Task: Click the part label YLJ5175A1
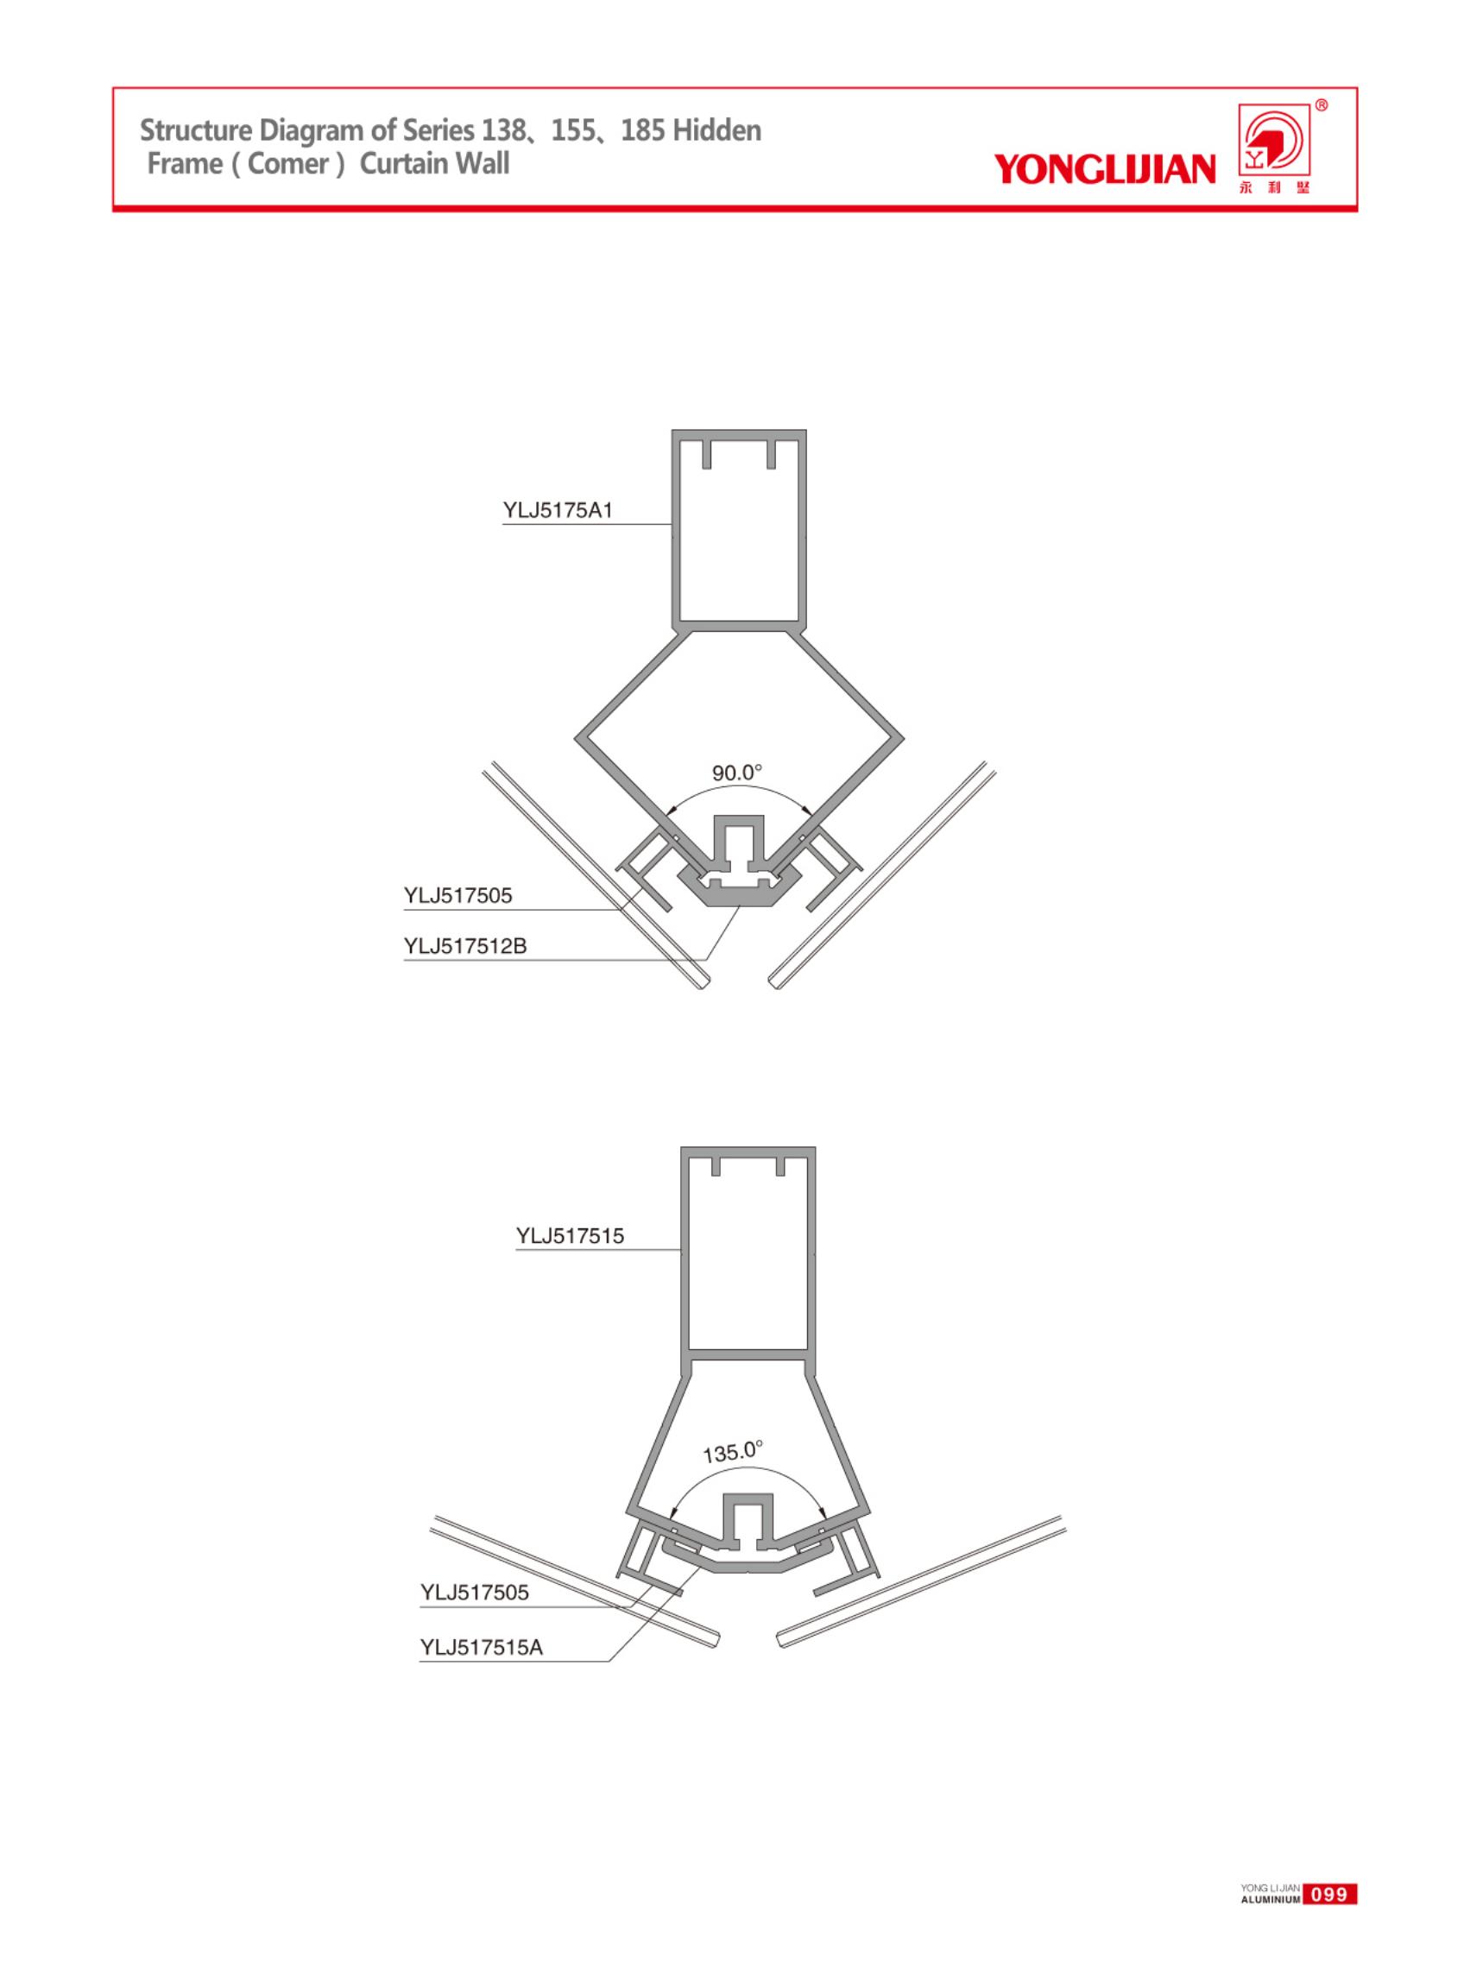pos(558,511)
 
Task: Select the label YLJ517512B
pos(464,946)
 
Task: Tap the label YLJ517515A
pos(481,1647)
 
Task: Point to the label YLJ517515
pos(570,1235)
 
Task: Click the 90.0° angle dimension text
pos(737,773)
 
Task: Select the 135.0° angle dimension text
pos(733,1453)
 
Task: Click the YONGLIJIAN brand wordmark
pos(1104,168)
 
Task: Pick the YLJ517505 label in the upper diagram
pos(457,896)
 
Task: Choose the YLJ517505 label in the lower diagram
pos(474,1592)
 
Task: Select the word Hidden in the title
pos(716,131)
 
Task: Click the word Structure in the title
pos(196,131)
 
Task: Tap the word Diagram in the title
pos(323,131)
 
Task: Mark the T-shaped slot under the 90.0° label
pos(738,844)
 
